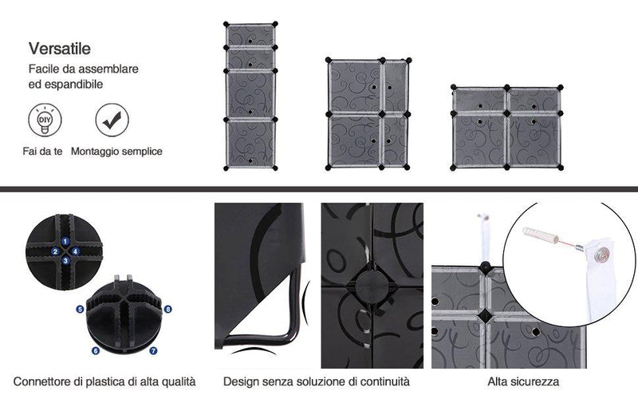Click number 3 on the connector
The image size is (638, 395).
65,261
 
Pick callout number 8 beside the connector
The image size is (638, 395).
168,308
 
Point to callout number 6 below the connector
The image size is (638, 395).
95,350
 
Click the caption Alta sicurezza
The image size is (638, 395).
523,381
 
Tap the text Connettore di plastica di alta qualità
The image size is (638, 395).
104,381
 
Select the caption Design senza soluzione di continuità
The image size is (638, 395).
317,381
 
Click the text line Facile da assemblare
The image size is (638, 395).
84,69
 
